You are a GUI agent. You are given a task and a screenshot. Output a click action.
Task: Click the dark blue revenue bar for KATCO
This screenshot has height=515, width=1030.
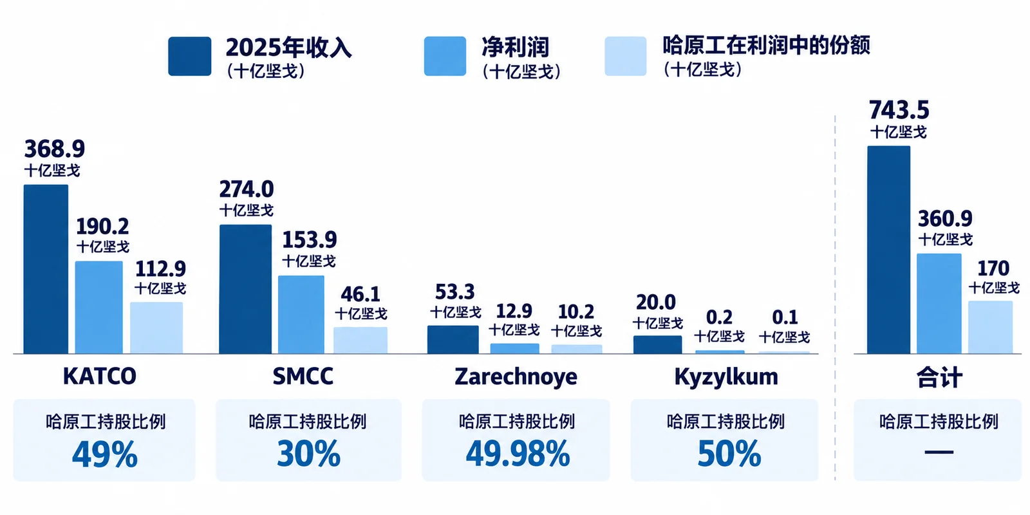46,269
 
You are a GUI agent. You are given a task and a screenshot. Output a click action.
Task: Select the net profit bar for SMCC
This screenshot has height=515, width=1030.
301,315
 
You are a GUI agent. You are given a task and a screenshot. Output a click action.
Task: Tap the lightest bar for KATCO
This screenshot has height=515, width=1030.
156,328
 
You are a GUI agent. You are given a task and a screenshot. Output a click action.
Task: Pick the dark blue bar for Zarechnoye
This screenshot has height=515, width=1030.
453,340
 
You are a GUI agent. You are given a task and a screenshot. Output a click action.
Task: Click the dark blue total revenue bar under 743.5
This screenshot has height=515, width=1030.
889,250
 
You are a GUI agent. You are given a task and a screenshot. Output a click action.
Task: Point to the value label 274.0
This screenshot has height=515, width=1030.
247,189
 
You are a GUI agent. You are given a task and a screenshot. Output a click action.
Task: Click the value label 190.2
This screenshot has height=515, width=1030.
102,226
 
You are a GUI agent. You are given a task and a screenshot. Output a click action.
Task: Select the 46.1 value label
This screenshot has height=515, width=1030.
360,294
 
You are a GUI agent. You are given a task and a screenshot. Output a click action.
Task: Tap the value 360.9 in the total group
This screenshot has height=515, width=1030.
946,219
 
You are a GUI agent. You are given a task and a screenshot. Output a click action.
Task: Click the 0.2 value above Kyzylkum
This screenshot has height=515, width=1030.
719,317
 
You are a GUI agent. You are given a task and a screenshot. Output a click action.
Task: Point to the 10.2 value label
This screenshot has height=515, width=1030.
576,312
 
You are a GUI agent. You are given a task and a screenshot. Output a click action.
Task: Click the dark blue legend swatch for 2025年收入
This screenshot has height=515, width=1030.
189,56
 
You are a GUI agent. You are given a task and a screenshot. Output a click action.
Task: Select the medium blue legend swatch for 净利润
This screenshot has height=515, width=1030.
445,56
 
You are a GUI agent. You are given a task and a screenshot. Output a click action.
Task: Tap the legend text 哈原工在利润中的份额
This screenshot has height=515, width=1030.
766,45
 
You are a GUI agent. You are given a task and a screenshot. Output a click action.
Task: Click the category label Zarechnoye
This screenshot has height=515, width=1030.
516,377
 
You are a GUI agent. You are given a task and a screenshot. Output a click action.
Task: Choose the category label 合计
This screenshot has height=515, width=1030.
939,377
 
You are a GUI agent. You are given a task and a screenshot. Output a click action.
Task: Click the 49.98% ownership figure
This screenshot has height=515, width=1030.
518,454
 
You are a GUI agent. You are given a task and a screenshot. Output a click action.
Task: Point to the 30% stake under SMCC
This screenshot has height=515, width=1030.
308,454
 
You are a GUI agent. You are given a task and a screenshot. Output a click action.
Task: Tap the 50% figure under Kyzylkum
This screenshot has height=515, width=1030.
729,454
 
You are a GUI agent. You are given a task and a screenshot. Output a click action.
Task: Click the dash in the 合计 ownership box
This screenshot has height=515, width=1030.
939,453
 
